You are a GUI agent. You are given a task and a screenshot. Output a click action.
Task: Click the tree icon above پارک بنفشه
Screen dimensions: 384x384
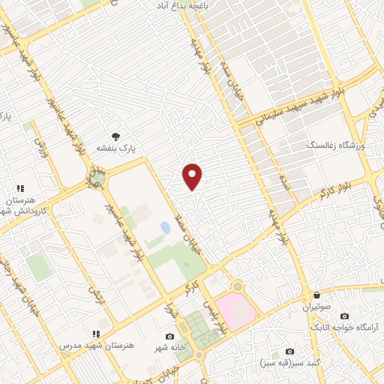pos(115,136)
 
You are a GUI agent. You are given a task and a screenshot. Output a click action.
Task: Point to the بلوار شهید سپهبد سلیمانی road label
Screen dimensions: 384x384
pos(299,105)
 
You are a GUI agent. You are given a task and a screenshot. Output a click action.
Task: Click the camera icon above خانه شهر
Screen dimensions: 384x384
pos(169,336)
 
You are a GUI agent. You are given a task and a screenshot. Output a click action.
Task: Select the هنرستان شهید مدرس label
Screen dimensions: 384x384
pos(97,344)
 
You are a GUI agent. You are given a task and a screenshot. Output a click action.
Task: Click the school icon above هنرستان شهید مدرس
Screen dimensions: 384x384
pos(95,333)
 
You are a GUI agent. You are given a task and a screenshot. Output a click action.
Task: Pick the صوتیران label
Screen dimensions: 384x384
pos(316,307)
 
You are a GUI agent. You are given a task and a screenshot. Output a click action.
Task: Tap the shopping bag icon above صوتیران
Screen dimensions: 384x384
pos(316,295)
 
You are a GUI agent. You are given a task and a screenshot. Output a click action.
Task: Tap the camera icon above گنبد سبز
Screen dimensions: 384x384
pos(290,352)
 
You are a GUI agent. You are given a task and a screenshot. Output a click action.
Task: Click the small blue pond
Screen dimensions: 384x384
pos(165,227)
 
